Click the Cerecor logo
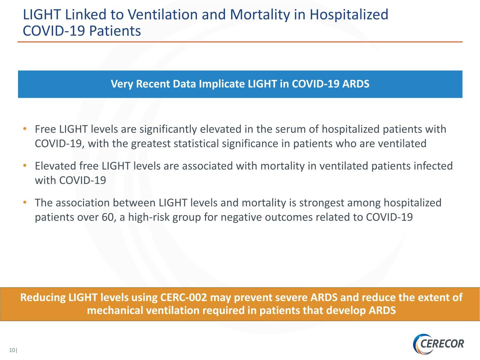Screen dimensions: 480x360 point(438,344)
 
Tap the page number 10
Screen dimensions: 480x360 point(12,350)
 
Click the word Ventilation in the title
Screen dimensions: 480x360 point(162,14)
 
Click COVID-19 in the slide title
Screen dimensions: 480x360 point(54,31)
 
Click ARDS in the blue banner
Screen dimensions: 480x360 point(356,84)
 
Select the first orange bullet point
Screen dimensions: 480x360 point(25,129)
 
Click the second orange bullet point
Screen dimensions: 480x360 point(25,166)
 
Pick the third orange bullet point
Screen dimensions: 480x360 point(25,202)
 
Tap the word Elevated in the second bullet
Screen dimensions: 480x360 point(56,166)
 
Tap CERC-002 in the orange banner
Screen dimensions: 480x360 point(184,297)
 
